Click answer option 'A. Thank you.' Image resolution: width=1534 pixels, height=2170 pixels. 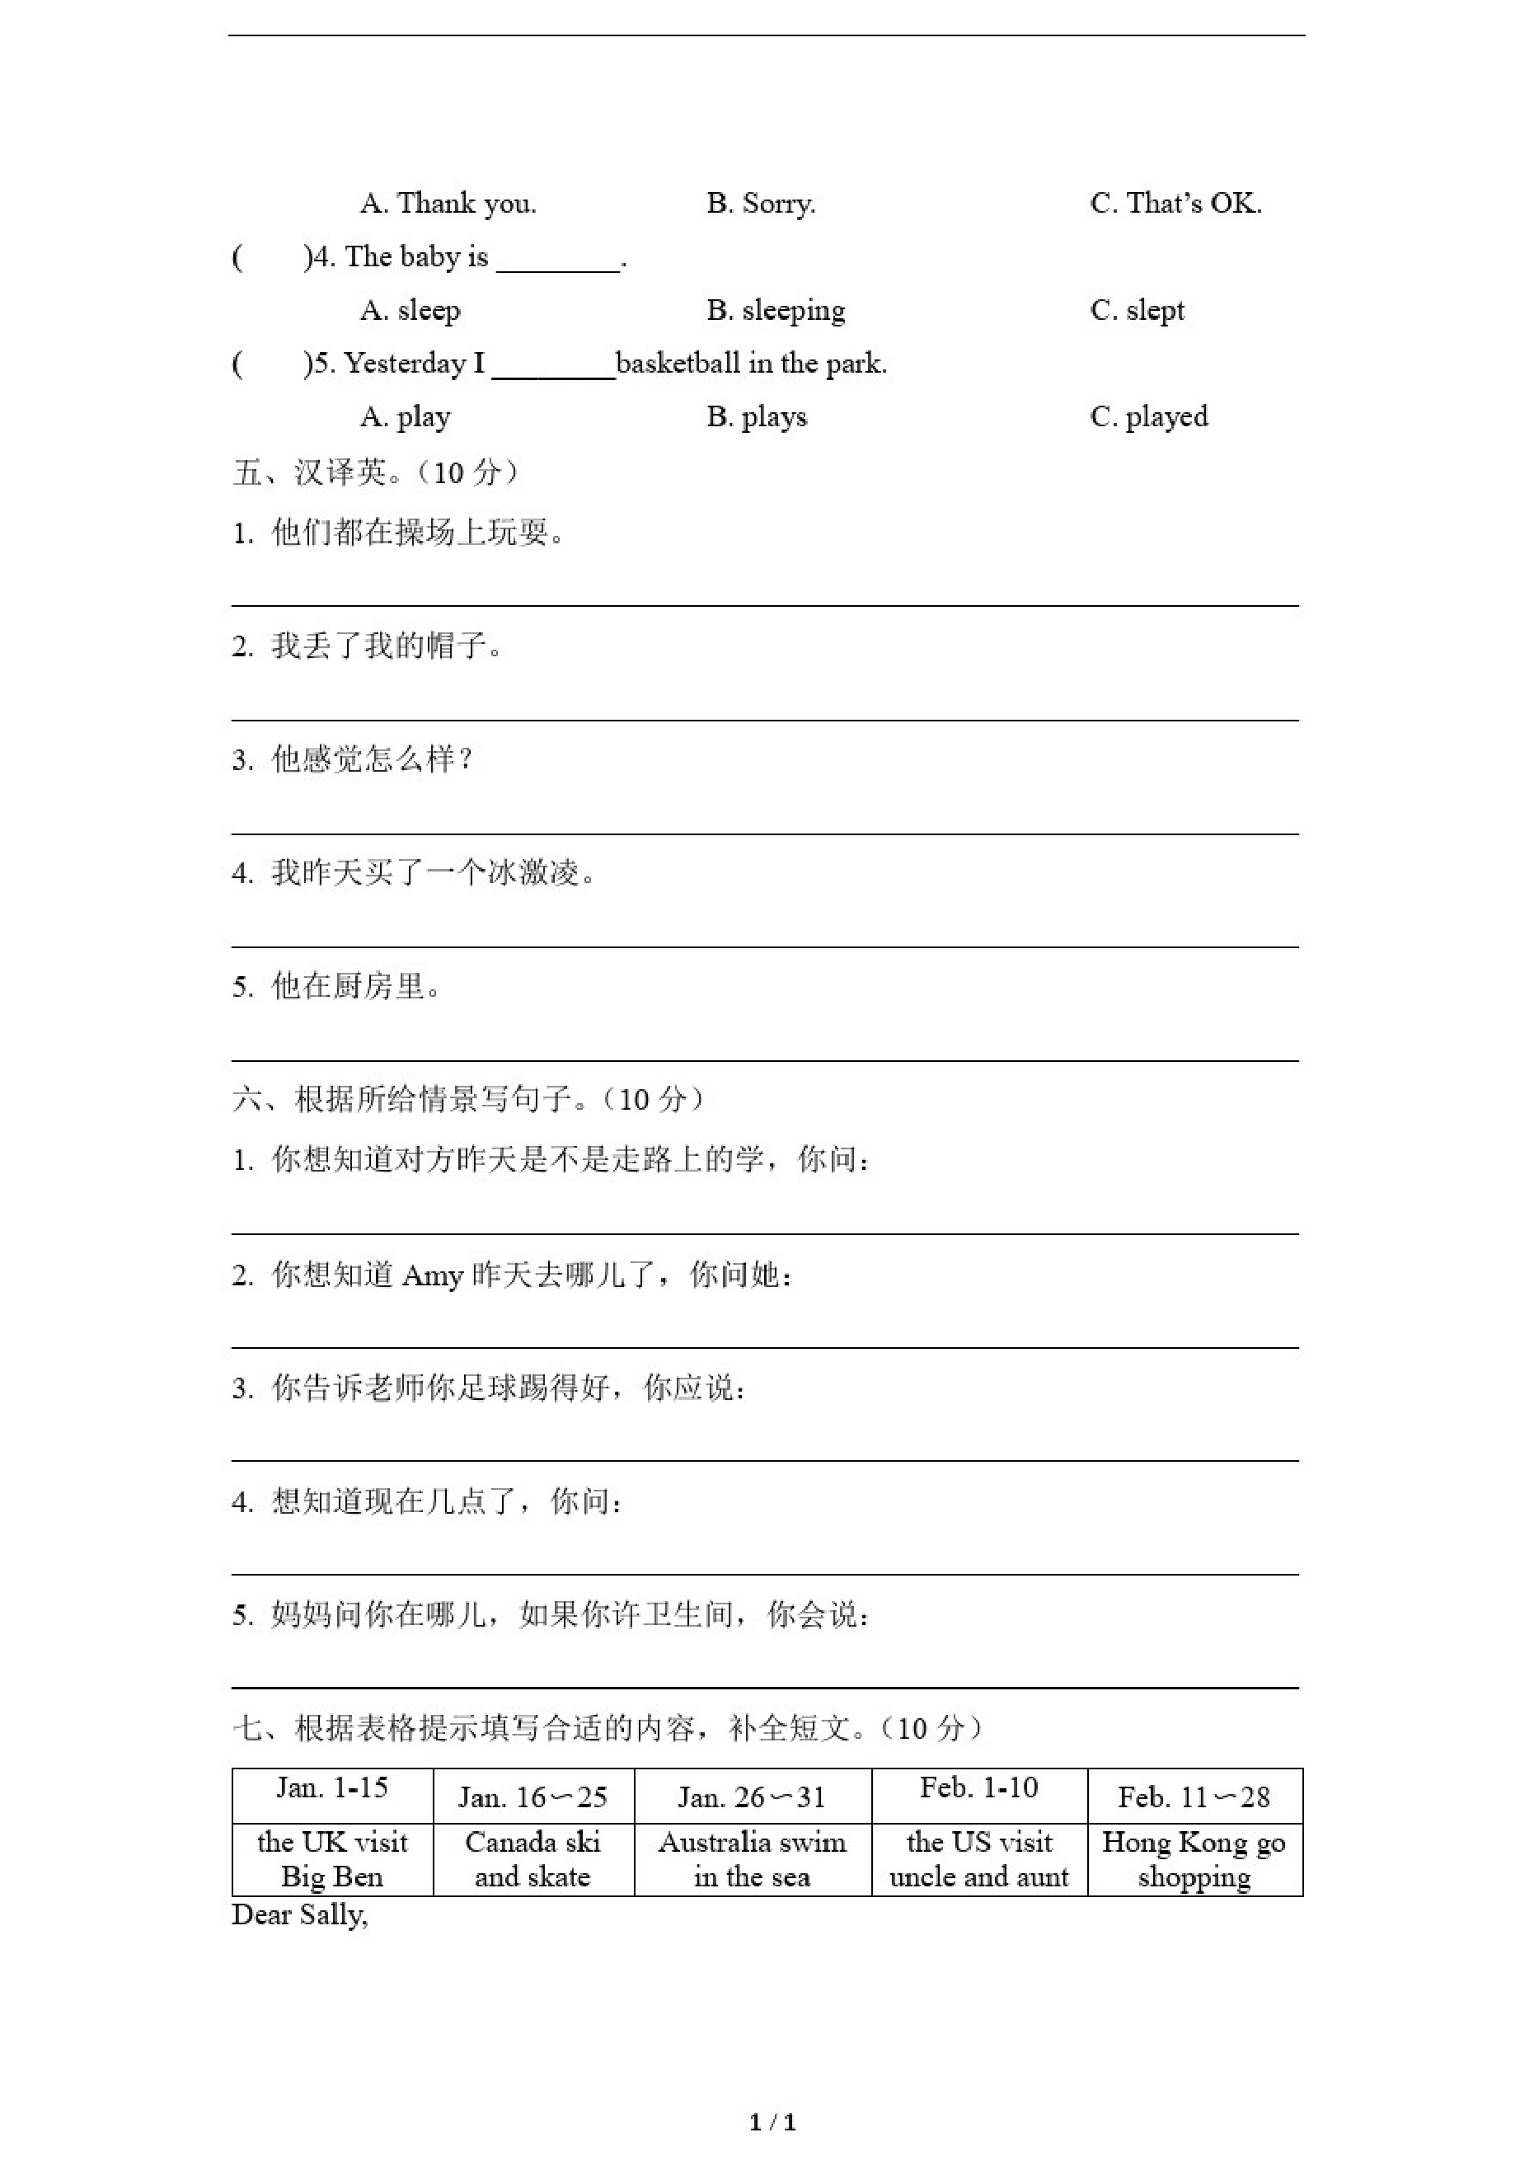click(x=448, y=203)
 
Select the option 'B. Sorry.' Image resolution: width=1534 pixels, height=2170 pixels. click(x=761, y=203)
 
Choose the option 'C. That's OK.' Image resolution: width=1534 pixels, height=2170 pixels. click(x=1175, y=203)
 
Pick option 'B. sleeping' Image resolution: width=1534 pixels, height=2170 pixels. click(x=776, y=310)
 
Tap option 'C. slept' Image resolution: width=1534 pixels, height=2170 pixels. click(x=1137, y=310)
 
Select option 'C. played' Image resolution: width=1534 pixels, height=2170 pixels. click(x=1148, y=417)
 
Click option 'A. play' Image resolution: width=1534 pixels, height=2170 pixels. click(x=406, y=417)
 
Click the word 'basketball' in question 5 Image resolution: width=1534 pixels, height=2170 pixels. click(x=678, y=364)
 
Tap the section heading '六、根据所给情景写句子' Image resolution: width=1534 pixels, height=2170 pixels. click(x=468, y=1098)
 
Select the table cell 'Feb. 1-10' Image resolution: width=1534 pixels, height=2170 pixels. click(x=978, y=1787)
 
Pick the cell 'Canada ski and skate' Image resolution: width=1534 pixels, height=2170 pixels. click(x=533, y=1859)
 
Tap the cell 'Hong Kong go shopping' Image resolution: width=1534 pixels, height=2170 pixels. click(x=1194, y=1859)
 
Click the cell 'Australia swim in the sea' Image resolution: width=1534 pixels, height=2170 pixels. click(x=753, y=1859)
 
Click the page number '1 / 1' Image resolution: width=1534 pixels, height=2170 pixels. click(x=772, y=2123)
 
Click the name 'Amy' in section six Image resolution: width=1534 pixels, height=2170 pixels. click(x=432, y=1277)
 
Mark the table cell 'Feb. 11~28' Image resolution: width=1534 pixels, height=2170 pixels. click(x=1194, y=1797)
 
